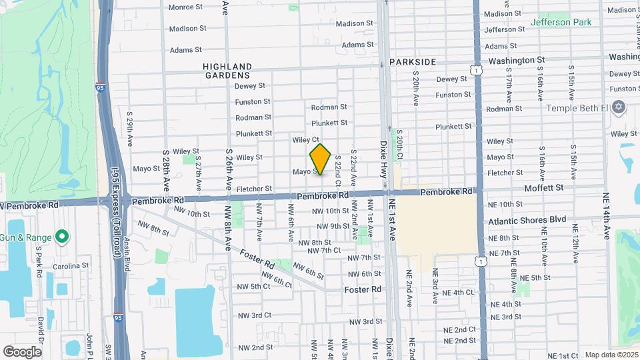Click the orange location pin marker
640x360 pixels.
[320, 159]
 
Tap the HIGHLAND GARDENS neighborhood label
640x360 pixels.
[227, 71]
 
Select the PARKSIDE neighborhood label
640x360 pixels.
[413, 62]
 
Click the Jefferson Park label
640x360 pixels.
[561, 22]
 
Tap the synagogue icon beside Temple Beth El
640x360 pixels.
[618, 107]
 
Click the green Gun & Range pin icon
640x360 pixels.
[62, 236]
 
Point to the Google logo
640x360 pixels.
[22, 351]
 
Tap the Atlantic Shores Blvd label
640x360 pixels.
[527, 219]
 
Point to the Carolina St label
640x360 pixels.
[71, 265]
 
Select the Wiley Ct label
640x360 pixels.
[305, 140]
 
